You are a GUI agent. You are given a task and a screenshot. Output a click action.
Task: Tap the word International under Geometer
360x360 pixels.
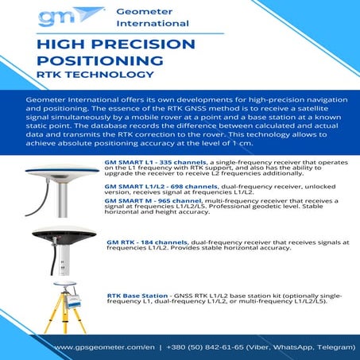coord(152,24)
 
